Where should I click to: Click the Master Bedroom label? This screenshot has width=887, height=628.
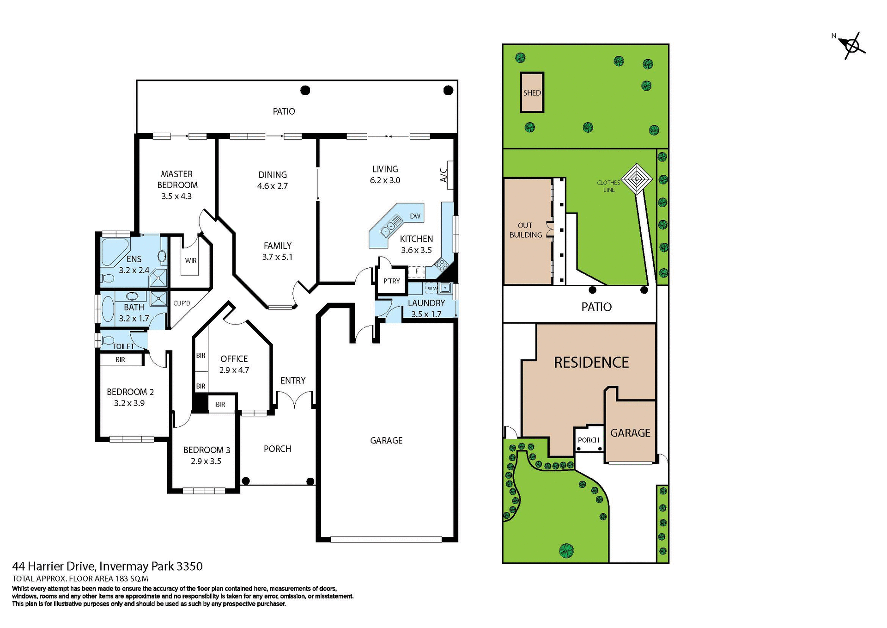(177, 179)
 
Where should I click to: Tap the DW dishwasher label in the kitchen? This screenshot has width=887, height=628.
(415, 216)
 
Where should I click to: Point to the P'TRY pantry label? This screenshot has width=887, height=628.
(391, 281)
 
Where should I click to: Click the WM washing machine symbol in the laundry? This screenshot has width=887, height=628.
(431, 289)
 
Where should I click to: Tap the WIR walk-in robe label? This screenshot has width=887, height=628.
(191, 260)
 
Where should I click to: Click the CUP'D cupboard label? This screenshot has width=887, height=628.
(182, 303)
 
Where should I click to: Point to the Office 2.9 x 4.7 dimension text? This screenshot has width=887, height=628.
(234, 370)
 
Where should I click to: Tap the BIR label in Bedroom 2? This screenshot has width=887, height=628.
(120, 359)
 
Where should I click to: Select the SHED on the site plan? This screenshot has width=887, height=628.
(532, 92)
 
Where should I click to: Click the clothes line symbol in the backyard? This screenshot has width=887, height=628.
(636, 179)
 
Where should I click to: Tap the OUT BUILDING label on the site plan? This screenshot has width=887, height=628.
(525, 230)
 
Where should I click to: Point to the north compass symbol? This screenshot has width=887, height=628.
(852, 46)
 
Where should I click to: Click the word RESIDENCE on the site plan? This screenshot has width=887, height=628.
(591, 362)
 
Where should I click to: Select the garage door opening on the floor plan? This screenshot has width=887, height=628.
(386, 539)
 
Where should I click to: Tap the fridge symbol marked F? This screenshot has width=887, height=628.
(417, 271)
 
